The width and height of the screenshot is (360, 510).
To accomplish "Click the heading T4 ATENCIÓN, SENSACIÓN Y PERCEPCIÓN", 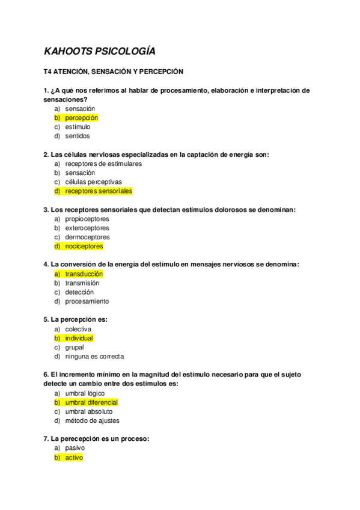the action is coord(113,72).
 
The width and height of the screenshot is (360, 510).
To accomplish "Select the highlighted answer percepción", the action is coord(81,118).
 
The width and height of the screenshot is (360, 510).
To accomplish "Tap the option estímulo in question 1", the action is coord(78,127).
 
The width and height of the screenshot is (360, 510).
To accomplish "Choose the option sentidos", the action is coord(78,136).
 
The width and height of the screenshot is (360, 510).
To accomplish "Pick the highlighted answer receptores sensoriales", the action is coord(98,191).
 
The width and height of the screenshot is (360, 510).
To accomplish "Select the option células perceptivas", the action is coord(93,182).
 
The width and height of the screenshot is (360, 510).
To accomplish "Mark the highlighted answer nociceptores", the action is coord(84,246).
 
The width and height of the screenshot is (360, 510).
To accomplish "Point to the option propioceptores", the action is coord(87,219).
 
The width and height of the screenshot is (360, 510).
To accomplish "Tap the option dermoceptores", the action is coord(87,237).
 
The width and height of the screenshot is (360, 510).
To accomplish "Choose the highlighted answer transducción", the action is coord(84,274).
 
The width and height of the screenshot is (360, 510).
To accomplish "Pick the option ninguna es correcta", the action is coord(94,357).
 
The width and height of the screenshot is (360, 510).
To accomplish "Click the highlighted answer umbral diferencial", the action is coord(91,402).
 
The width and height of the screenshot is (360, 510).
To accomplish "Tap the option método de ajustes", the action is coord(92,421).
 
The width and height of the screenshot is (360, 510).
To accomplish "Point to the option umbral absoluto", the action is coord(88,411).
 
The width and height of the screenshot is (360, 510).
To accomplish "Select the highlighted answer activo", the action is coord(74,458).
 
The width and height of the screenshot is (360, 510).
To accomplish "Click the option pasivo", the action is coord(75,448).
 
